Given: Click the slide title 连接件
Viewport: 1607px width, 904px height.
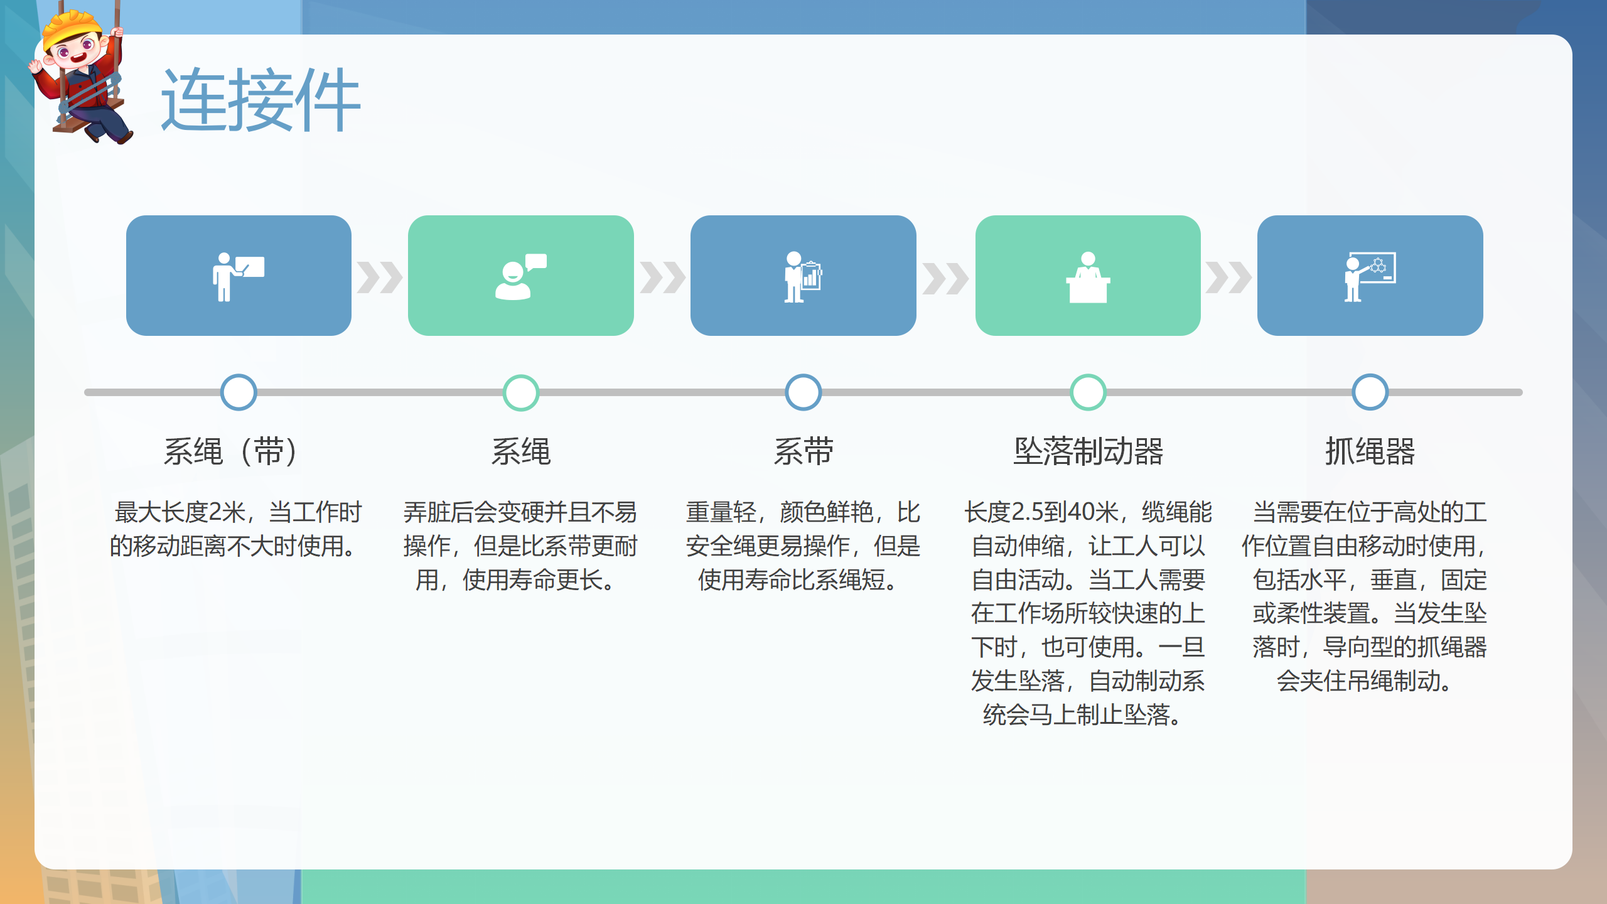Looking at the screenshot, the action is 261,100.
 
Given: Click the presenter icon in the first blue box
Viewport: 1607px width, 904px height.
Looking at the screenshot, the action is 238,276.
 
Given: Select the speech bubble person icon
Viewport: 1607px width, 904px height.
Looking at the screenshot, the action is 520,276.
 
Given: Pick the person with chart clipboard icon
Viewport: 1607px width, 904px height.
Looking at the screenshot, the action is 803,277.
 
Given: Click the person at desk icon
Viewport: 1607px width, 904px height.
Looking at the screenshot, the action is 1088,277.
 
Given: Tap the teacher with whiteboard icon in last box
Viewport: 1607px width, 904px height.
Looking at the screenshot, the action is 1370,277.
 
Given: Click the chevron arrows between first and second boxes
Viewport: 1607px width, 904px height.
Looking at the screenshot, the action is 380,277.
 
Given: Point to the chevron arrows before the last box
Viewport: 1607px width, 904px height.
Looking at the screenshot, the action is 1228,277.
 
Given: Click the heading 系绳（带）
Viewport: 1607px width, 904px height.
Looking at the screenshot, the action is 231,451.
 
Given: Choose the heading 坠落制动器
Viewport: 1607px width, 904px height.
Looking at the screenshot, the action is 1088,451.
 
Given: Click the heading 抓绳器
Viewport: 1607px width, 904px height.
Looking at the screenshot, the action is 1370,451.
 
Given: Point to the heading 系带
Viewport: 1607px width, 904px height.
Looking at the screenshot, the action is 803,451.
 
